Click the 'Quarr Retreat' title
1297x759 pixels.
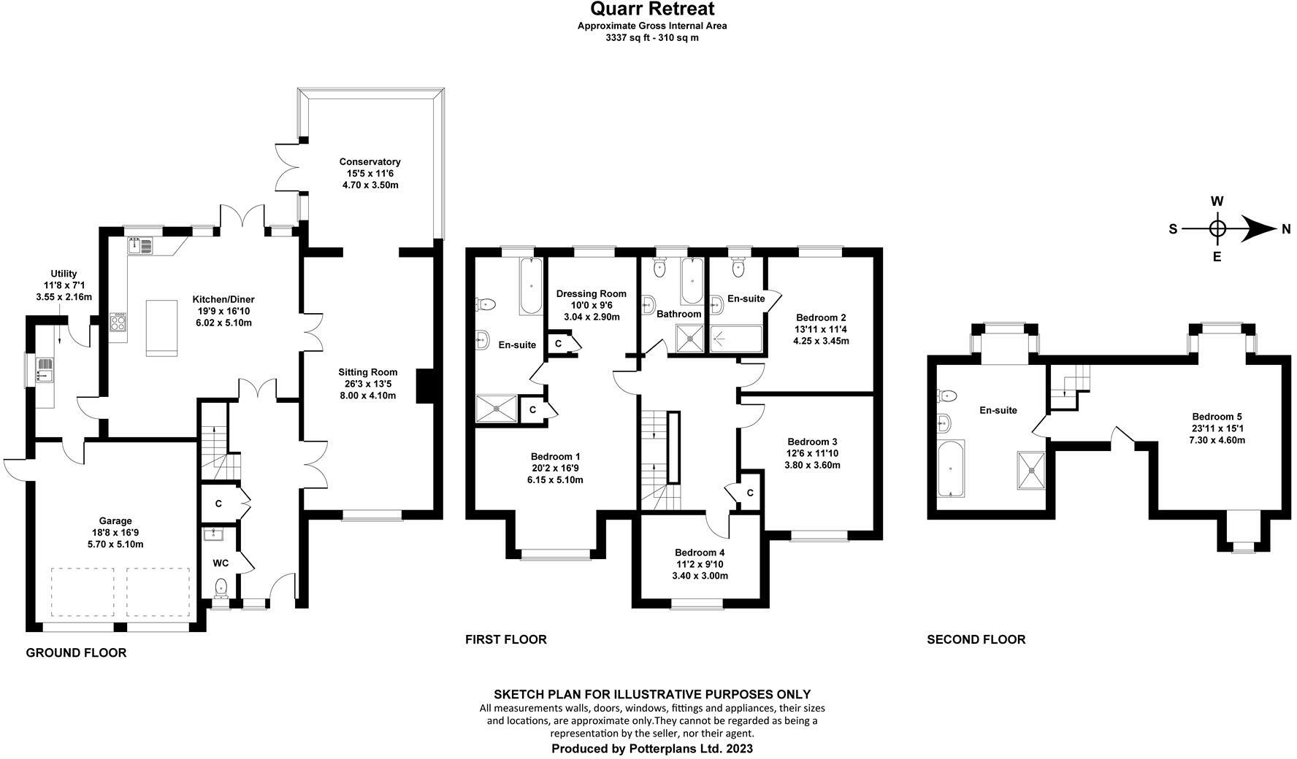tap(651, 9)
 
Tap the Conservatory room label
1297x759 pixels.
tap(370, 162)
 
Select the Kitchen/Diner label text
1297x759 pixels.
tap(223, 299)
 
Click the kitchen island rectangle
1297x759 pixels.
tap(161, 327)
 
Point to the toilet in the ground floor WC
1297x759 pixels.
tap(221, 587)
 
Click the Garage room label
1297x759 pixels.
tap(115, 521)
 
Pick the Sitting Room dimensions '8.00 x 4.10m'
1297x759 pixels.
tap(367, 396)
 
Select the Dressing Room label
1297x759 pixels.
tap(592, 294)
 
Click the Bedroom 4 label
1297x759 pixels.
tap(700, 552)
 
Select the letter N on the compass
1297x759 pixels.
tap(1285, 229)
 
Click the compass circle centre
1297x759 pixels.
tap(1217, 229)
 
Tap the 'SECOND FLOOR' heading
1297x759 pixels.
tap(976, 640)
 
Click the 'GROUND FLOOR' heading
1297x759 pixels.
tap(76, 653)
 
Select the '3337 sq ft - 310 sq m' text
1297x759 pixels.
tap(651, 37)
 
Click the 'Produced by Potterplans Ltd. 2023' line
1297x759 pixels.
tap(651, 749)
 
